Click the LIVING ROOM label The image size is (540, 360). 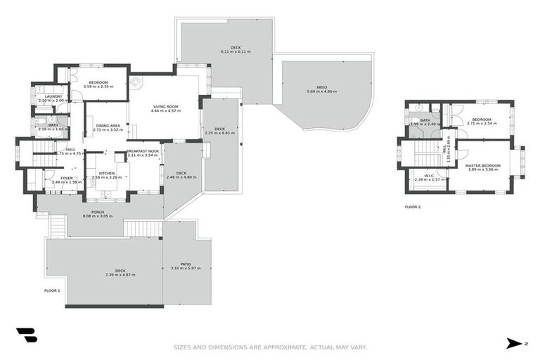pyautogui.click(x=165, y=106)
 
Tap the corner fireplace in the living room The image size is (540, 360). pyautogui.click(x=135, y=82)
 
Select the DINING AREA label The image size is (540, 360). pyautogui.click(x=108, y=126)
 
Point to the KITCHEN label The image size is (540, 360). pyautogui.click(x=106, y=173)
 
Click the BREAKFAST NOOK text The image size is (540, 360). pyautogui.click(x=143, y=151)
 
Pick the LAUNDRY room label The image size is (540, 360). pyautogui.click(x=53, y=96)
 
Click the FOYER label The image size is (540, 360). pyautogui.click(x=67, y=178)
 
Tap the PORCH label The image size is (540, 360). pyautogui.click(x=98, y=212)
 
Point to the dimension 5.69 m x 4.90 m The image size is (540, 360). pyautogui.click(x=316, y=91)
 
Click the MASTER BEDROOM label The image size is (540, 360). pyautogui.click(x=482, y=165)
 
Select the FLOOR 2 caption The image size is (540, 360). pyautogui.click(x=413, y=207)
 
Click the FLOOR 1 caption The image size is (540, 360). pyautogui.click(x=52, y=290)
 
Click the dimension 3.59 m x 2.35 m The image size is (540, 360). pyautogui.click(x=98, y=86)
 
